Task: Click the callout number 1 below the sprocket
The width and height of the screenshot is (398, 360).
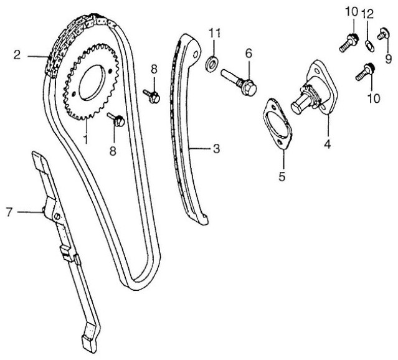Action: [86, 138]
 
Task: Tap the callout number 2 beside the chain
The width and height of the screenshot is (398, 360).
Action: [17, 55]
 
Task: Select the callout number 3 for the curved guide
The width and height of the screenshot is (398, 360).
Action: [216, 148]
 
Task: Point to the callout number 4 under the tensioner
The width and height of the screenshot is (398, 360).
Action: [328, 144]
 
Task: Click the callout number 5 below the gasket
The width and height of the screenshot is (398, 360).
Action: [282, 176]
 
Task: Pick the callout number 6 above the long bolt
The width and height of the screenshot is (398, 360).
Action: [249, 54]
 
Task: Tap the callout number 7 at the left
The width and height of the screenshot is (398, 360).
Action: [9, 212]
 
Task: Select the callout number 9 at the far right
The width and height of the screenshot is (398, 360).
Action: [389, 59]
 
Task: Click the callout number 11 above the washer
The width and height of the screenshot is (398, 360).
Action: [214, 33]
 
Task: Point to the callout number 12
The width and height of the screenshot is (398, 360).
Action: [367, 14]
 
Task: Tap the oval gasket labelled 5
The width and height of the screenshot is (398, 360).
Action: [277, 124]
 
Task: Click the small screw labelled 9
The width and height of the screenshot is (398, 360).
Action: [382, 34]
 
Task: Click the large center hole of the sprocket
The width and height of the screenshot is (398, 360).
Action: [92, 82]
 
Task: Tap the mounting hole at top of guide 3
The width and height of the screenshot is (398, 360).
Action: [196, 55]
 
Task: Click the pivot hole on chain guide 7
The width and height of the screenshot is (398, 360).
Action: [57, 216]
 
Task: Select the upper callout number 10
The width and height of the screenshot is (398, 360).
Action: [351, 12]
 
